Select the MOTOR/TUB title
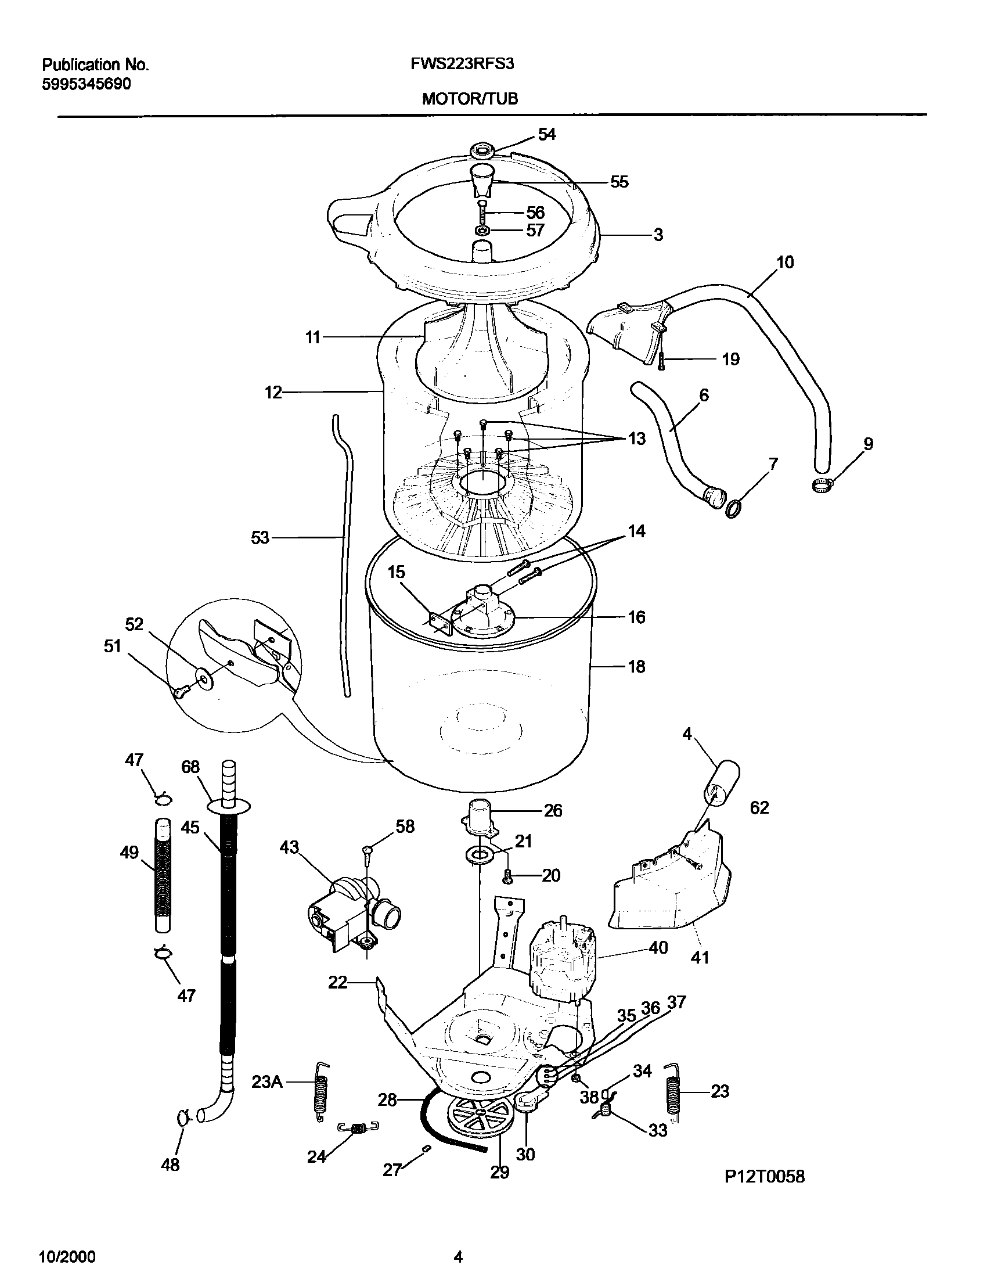point(470,99)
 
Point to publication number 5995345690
point(87,85)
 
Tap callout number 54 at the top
point(546,135)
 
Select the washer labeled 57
point(482,231)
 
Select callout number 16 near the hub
point(636,617)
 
